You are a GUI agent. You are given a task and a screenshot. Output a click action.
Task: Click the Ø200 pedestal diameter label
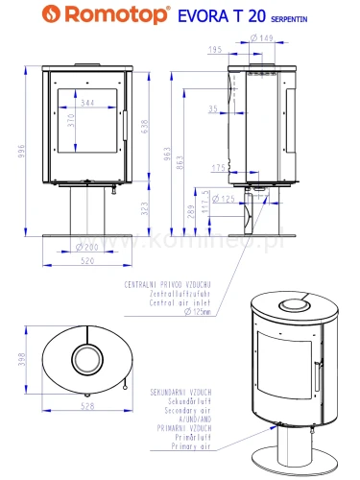[x=88, y=248]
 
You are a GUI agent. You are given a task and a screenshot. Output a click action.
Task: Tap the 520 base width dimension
[x=88, y=260]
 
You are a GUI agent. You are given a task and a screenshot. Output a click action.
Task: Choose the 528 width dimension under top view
[x=88, y=408]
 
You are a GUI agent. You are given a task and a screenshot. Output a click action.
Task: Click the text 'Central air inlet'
[x=155, y=301]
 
